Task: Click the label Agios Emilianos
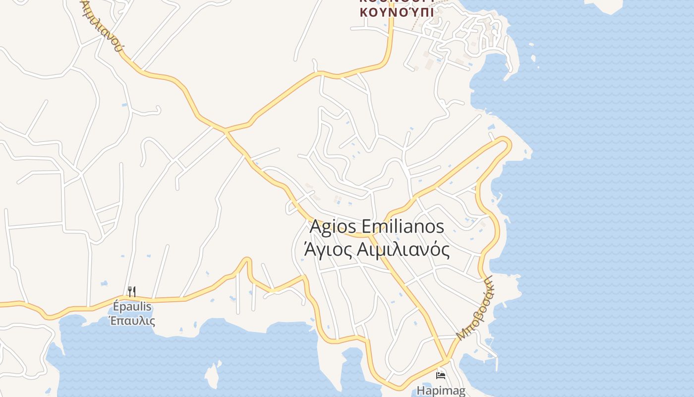[377, 227]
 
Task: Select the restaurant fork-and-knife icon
[131, 291]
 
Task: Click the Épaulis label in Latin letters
[132, 307]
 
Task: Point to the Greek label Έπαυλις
[132, 321]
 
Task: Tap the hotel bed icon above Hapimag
[440, 375]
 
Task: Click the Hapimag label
[441, 391]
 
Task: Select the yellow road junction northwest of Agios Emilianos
[226, 132]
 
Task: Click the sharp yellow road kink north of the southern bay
[246, 260]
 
